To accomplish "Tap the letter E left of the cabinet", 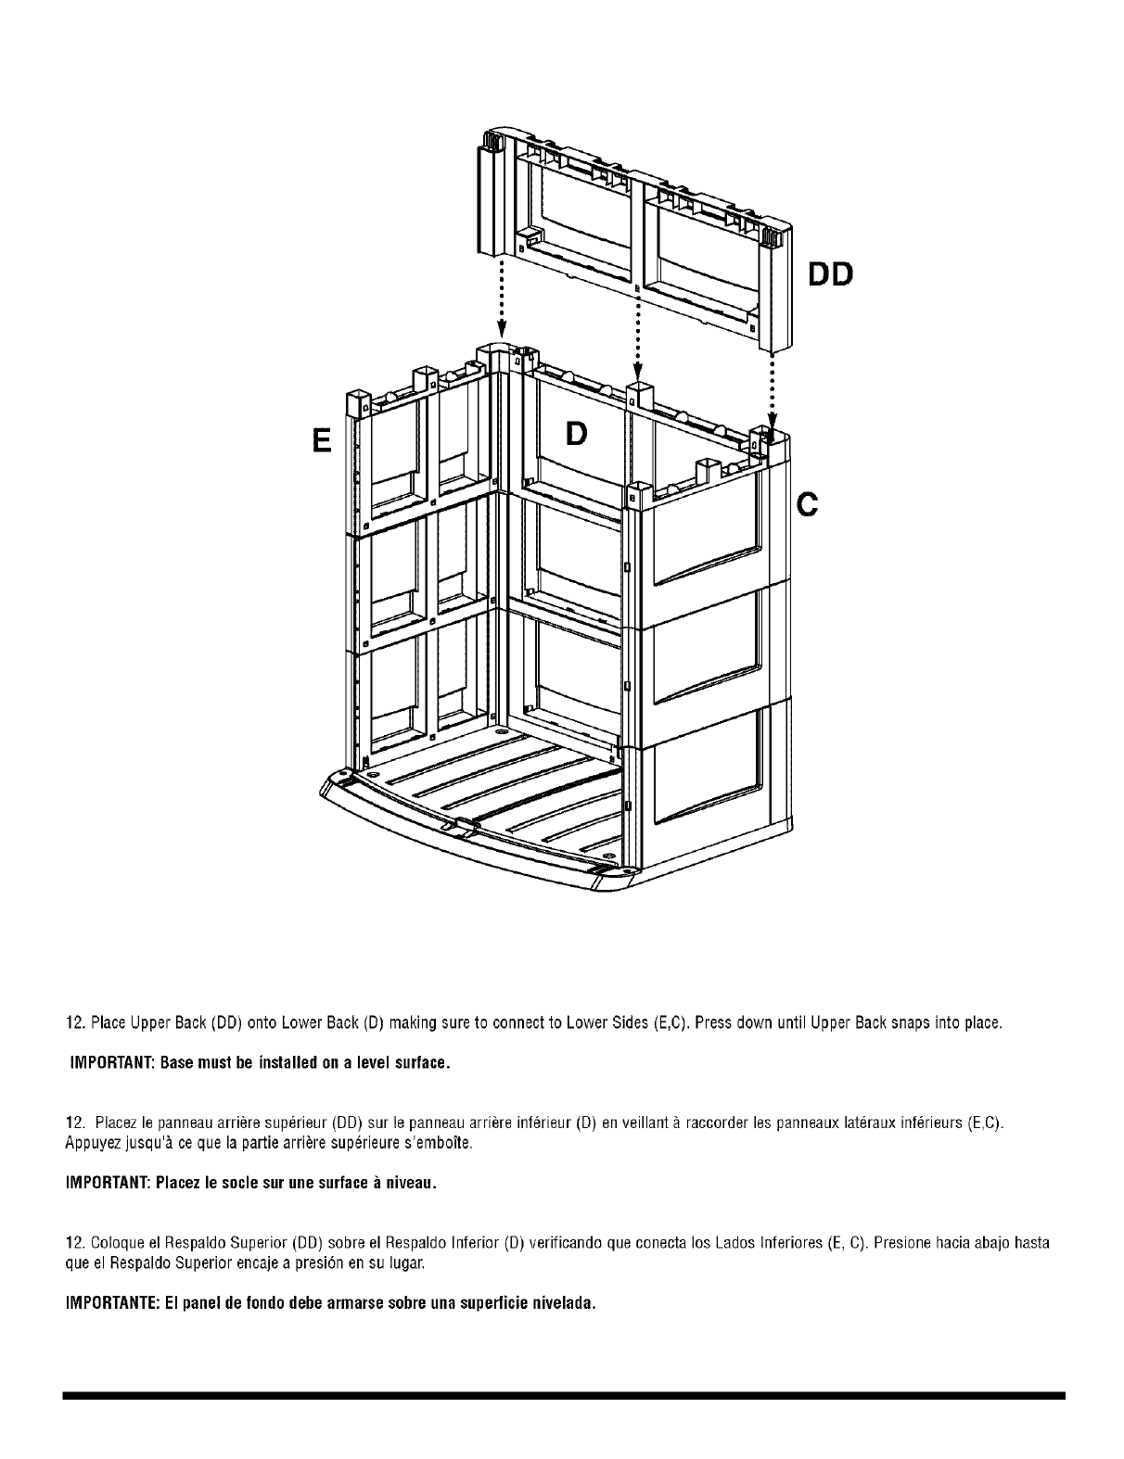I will (321, 439).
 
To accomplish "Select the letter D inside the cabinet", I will (576, 433).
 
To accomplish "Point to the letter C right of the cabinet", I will (808, 504).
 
